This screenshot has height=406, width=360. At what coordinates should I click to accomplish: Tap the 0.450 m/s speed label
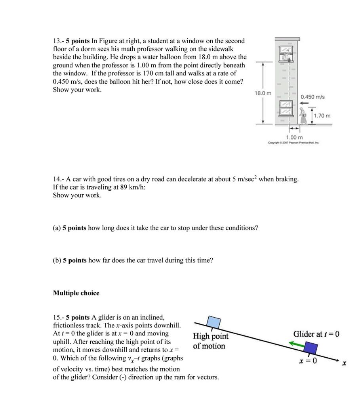pyautogui.click(x=312, y=97)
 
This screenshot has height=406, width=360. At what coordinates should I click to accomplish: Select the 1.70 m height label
pyautogui.click(x=322, y=116)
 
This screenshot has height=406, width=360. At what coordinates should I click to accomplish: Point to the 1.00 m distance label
pyautogui.click(x=295, y=137)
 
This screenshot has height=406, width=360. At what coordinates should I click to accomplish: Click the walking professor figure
pyautogui.click(x=304, y=116)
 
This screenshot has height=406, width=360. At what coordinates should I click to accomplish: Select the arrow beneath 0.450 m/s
pyautogui.click(x=303, y=103)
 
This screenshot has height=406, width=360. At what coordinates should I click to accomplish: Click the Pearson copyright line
pyautogui.click(x=293, y=143)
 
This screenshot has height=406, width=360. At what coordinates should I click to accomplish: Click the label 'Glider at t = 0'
pyautogui.click(x=316, y=334)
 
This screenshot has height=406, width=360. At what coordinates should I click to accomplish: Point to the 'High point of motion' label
pyautogui.click(x=210, y=341)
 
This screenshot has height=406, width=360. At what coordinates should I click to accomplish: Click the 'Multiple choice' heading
pyautogui.click(x=76, y=293)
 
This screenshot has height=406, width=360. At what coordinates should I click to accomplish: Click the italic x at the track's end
pyautogui.click(x=344, y=363)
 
